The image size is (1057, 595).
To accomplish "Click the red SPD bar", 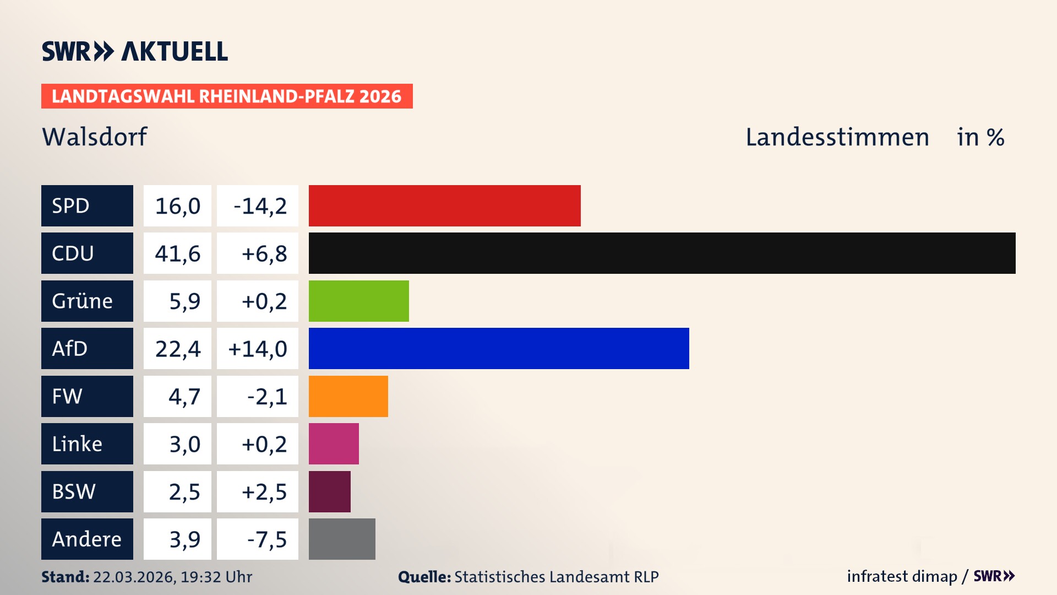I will pos(444,205).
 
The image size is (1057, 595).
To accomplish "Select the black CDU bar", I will pos(662,253).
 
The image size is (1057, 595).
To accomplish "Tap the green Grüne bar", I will pos(358,301).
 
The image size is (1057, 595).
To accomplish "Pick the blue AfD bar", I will pos(498,348).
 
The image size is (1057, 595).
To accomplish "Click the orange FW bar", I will pos(348,396).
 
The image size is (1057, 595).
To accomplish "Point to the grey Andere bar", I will pos(342,539).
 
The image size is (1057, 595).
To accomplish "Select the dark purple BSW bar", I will pos(329,491).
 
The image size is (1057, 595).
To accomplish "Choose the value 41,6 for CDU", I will pos(177,253).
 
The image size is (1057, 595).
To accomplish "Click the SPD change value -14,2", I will pos(260,206).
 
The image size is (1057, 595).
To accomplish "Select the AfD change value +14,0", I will pos(257,349).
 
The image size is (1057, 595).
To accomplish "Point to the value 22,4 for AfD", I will pos(177,349).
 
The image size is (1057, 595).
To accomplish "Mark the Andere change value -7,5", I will pos(266,539).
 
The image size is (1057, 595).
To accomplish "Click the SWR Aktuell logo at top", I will pos(134,51).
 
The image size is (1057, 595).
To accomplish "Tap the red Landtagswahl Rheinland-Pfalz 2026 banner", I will pos(226,96).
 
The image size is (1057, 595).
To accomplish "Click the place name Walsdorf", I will pos(95,137).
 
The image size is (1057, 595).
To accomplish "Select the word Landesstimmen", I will pos(837,137).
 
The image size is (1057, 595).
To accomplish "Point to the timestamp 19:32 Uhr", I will pos(216,577).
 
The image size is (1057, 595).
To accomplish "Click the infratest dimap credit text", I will pos(901,576).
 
